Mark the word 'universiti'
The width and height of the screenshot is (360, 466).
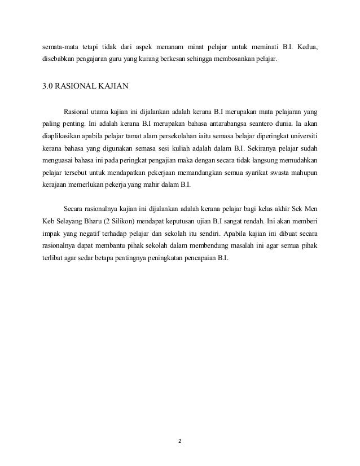pyautogui.click(x=302, y=136)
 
